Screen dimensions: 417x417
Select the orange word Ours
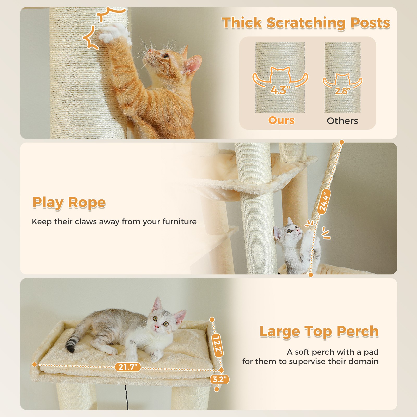coord(281,120)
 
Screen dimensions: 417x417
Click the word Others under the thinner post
coord(342,121)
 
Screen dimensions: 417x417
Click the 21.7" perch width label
coord(128,367)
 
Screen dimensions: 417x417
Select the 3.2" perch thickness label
coord(219,379)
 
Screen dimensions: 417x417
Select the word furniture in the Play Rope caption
coord(180,222)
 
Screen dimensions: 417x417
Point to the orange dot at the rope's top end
coord(342,142)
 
